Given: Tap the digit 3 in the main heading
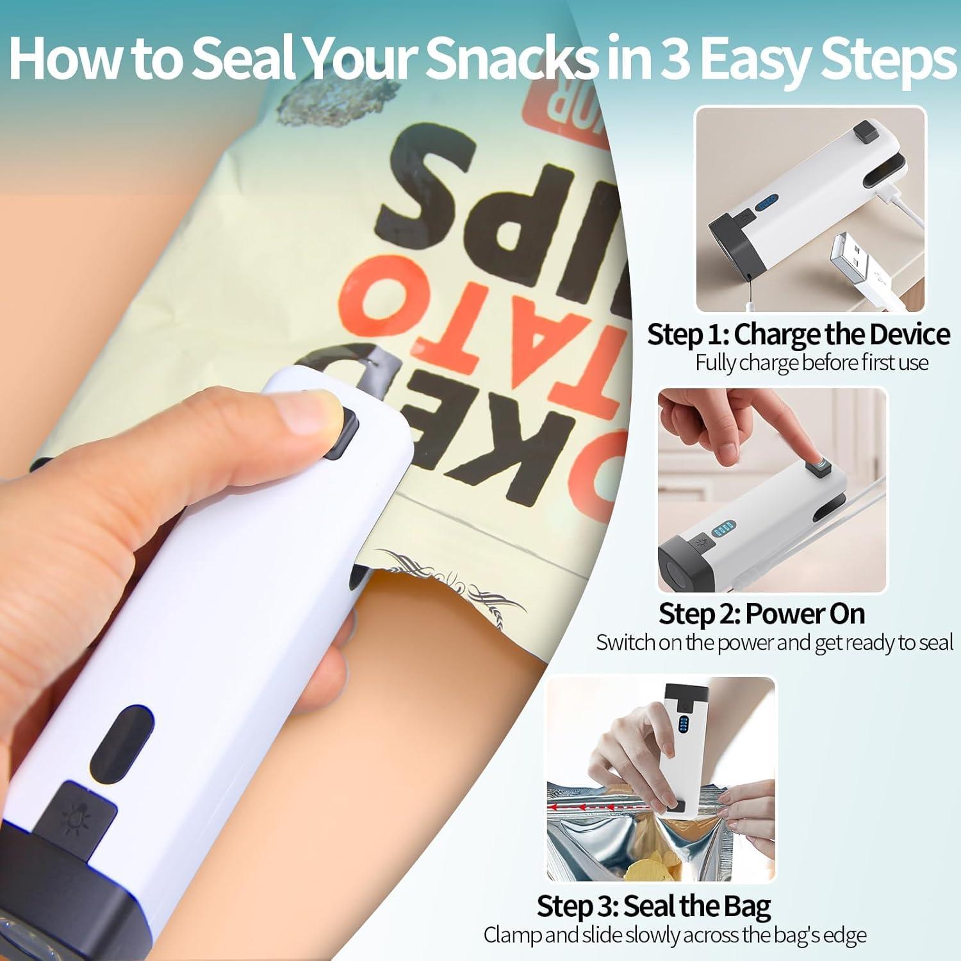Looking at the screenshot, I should coord(672,60).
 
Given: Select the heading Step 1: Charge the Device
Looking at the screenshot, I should coord(798,334).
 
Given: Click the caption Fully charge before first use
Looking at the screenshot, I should coord(812,363).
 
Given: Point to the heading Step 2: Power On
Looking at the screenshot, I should coord(762,614).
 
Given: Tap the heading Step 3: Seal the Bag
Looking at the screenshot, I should coord(653,906).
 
